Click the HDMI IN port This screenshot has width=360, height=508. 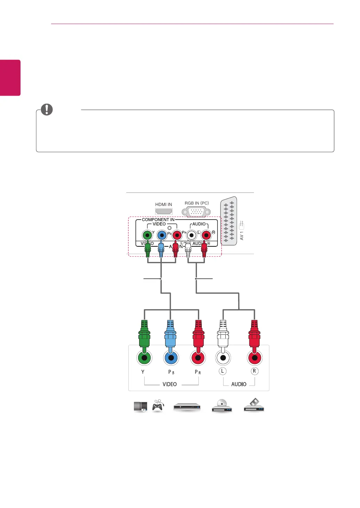(163, 211)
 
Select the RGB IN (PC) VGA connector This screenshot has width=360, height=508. (196, 212)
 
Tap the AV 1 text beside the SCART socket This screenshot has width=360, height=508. (242, 236)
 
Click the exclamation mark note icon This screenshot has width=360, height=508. (47, 110)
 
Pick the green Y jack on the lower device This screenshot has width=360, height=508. (144, 358)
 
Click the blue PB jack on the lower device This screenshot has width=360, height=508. (170, 358)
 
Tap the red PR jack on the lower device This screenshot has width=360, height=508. (198, 358)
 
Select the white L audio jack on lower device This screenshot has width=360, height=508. (223, 358)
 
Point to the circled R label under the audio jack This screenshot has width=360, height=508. (254, 371)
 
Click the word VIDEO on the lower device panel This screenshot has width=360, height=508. (170, 384)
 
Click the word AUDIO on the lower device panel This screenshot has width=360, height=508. (239, 384)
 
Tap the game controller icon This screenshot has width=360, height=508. (158, 405)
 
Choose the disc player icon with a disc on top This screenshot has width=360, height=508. (222, 406)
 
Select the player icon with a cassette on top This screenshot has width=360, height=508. (254, 405)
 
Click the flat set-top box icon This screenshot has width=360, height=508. (187, 407)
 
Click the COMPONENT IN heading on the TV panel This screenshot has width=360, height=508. (158, 220)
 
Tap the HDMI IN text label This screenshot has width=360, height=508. (163, 205)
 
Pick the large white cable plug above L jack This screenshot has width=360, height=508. (223, 334)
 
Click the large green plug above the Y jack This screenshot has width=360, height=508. (144, 334)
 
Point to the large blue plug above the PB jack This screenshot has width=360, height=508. (170, 334)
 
